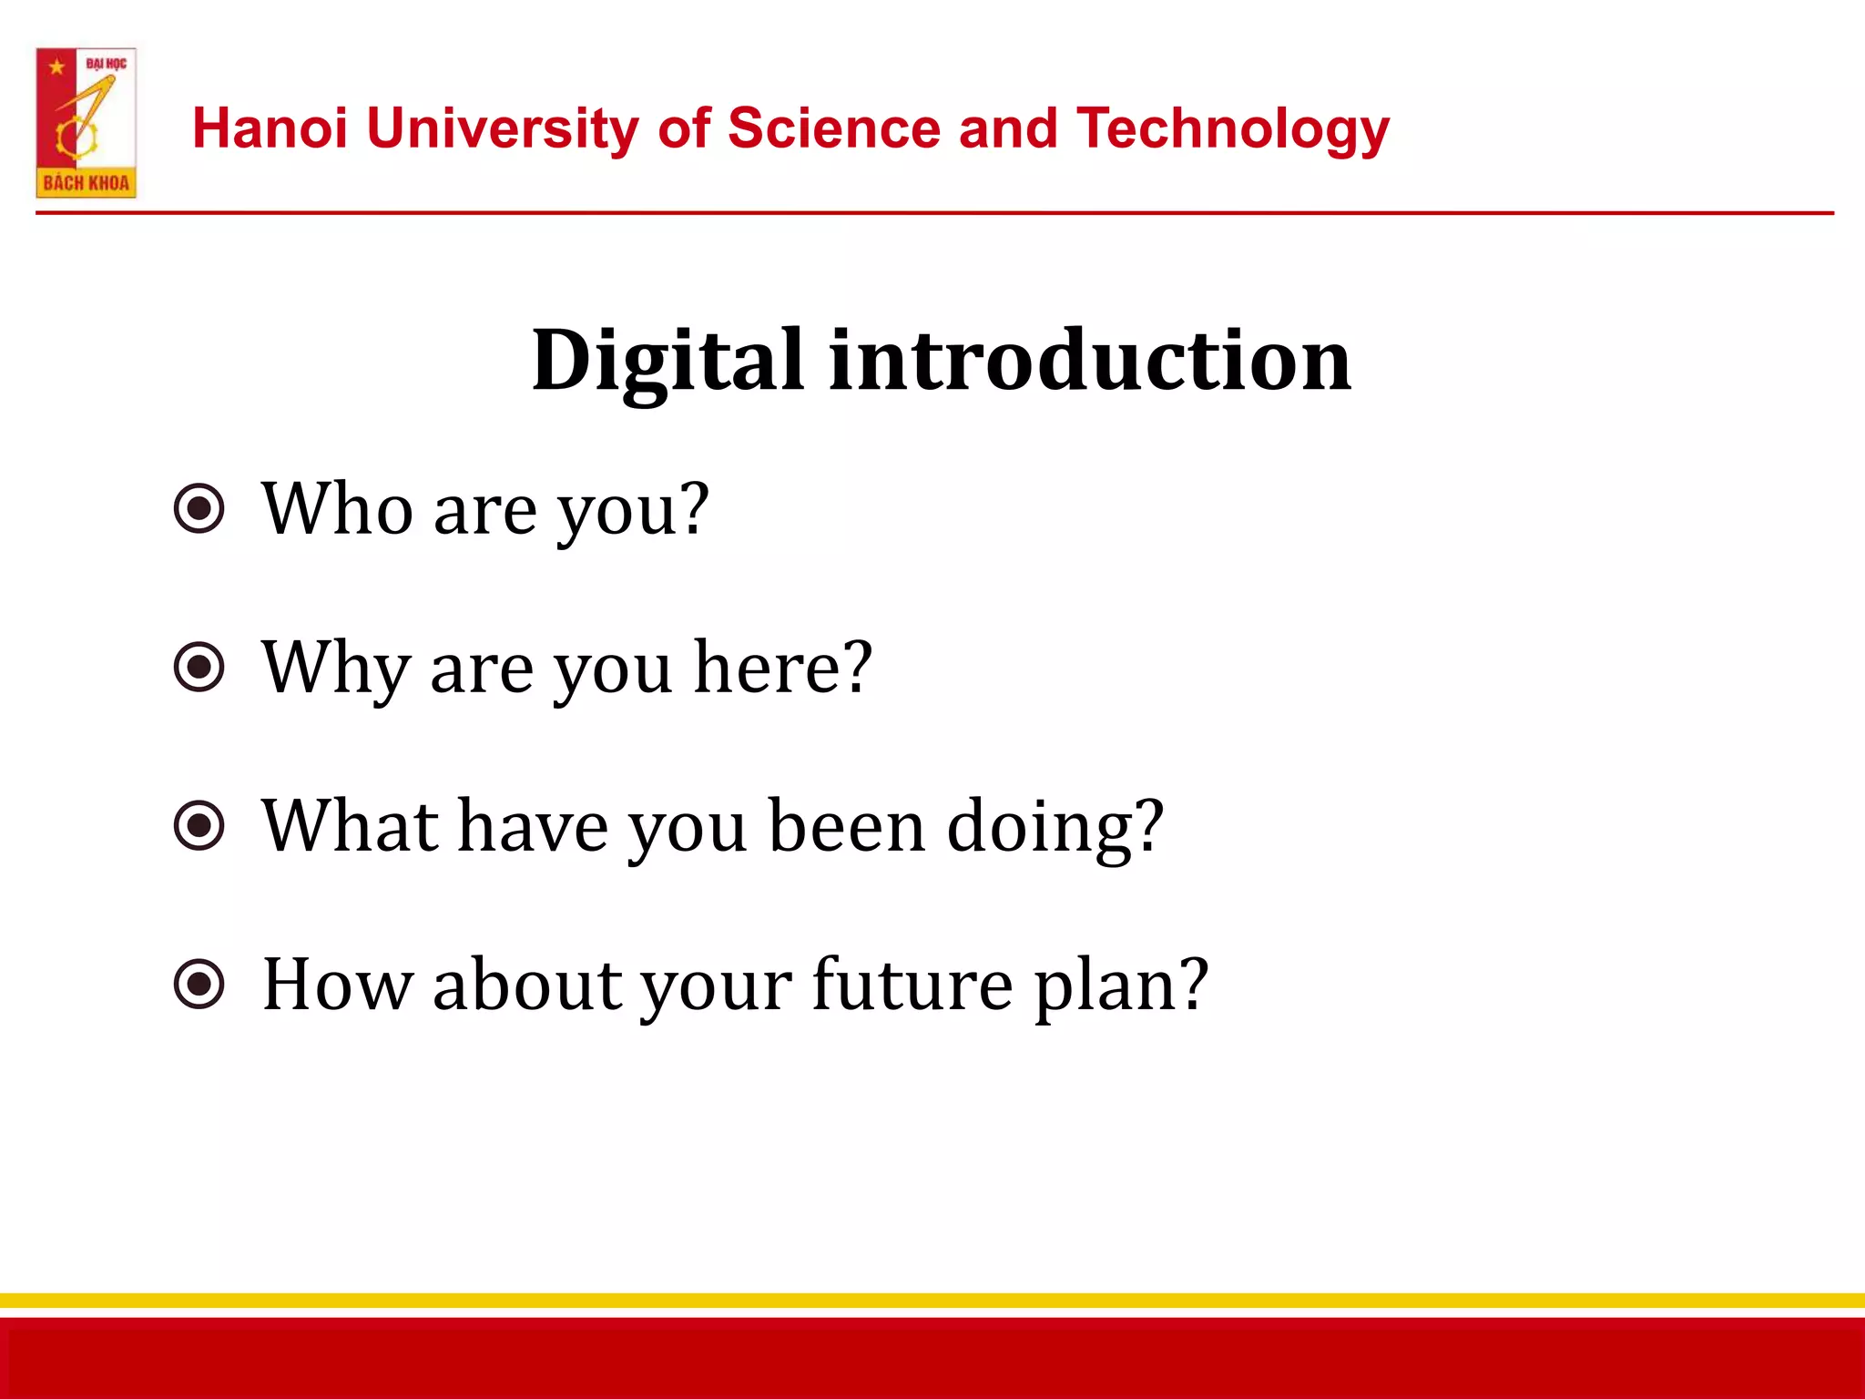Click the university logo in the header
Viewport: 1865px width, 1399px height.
click(86, 122)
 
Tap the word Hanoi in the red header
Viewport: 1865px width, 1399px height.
click(270, 128)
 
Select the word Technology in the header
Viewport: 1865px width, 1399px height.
click(1233, 129)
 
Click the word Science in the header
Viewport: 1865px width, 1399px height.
click(832, 128)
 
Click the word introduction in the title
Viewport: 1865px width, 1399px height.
click(1090, 362)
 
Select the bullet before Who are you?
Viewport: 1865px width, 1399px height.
click(199, 508)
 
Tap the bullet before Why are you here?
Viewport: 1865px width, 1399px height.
click(199, 667)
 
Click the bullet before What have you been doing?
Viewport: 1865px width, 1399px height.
click(199, 825)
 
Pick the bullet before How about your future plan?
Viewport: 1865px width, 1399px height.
click(199, 984)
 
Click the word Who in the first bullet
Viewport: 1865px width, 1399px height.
click(337, 508)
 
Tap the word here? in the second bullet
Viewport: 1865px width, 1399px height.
click(783, 667)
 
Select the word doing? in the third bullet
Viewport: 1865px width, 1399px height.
click(1055, 827)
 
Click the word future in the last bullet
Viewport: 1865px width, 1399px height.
click(912, 984)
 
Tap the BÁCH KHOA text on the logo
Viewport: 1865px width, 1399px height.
click(86, 183)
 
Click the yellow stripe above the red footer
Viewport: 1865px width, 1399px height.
click(932, 1301)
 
